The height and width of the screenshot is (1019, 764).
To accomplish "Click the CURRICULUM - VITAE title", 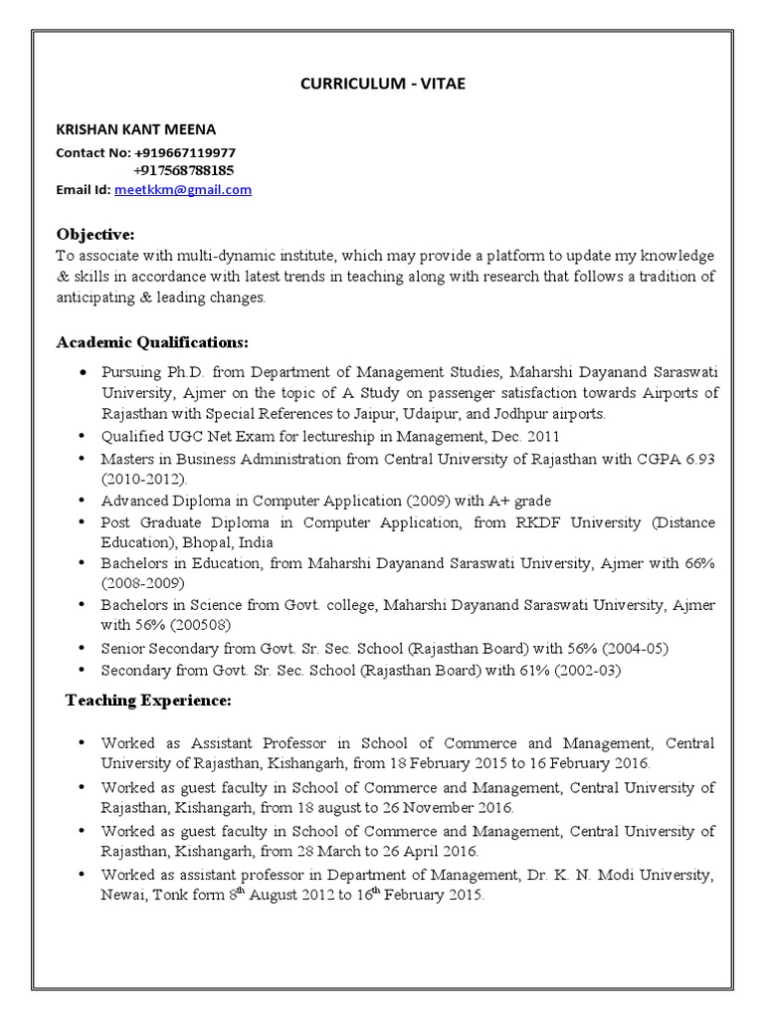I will point(383,85).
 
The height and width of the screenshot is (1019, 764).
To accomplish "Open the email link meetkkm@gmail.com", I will point(183,189).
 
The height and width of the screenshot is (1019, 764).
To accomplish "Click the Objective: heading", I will point(95,234).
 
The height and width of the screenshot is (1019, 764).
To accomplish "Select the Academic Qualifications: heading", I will point(152,342).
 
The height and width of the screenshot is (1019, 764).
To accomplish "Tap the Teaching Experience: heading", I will point(148,702).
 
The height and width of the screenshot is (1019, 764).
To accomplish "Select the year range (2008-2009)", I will point(138,584).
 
